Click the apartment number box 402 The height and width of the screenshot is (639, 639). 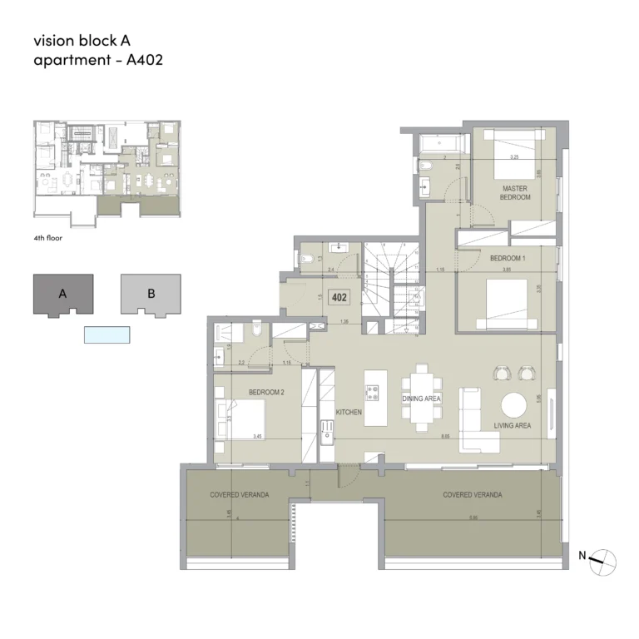339,296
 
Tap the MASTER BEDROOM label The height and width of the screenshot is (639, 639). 515,193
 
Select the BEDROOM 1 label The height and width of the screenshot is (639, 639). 507,259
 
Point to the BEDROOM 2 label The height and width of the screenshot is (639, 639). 266,391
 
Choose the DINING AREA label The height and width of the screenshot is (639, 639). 421,399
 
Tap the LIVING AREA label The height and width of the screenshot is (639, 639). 513,426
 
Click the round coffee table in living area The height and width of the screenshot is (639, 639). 513,405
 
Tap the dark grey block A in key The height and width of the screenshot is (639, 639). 63,295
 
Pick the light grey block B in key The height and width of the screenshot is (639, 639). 151,295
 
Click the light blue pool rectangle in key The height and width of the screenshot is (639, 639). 107,334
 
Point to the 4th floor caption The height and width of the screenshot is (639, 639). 48,238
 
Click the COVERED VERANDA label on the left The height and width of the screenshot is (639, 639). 239,494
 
